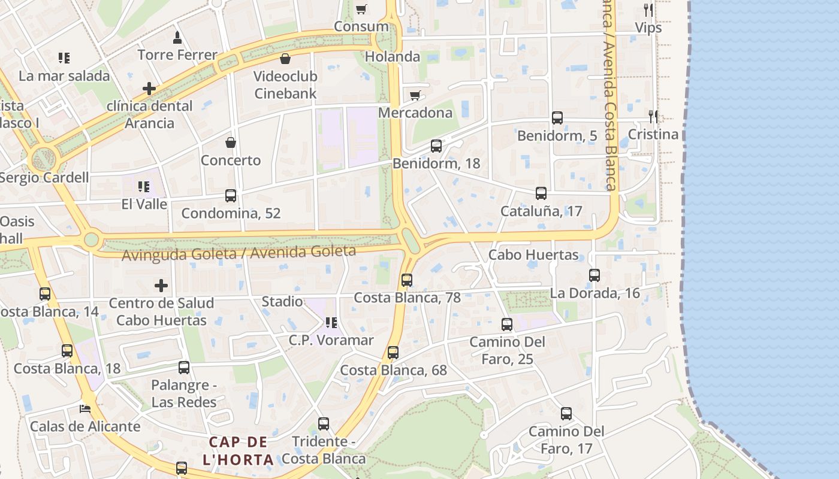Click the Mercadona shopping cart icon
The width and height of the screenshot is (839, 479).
(415, 95)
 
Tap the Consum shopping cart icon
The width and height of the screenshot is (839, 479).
(361, 9)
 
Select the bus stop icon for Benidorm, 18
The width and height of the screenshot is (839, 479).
(436, 145)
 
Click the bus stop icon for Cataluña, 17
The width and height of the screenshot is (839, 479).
(541, 193)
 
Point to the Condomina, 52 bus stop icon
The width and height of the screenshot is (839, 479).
(231, 195)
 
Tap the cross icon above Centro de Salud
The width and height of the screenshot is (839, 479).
(161, 286)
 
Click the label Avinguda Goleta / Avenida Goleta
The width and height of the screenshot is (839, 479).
(239, 253)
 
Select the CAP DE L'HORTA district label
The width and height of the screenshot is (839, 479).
(239, 451)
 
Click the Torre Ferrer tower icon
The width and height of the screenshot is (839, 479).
(177, 38)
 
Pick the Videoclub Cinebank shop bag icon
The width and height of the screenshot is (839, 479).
(285, 59)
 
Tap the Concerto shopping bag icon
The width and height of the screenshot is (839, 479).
(231, 143)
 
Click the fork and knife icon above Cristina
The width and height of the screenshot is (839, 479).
(653, 116)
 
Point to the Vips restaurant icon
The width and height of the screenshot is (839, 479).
(648, 10)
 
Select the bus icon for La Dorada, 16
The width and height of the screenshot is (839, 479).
(594, 275)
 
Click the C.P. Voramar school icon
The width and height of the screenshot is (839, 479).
(331, 323)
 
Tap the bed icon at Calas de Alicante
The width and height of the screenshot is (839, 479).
(85, 409)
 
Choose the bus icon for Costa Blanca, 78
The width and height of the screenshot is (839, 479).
(407, 280)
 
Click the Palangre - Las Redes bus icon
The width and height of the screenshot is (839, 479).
(184, 368)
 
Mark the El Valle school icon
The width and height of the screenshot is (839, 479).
(144, 187)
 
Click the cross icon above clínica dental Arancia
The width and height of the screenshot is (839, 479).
(149, 89)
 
